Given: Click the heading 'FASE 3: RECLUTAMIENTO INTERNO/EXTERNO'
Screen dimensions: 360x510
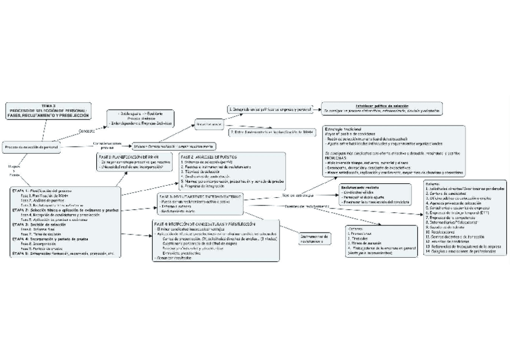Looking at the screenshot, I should pyautogui.click(x=200, y=196).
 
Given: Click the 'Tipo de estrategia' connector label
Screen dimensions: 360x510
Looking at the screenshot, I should pyautogui.click(x=298, y=195).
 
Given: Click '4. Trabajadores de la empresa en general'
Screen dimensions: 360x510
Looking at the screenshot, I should pyautogui.click(x=381, y=248).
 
